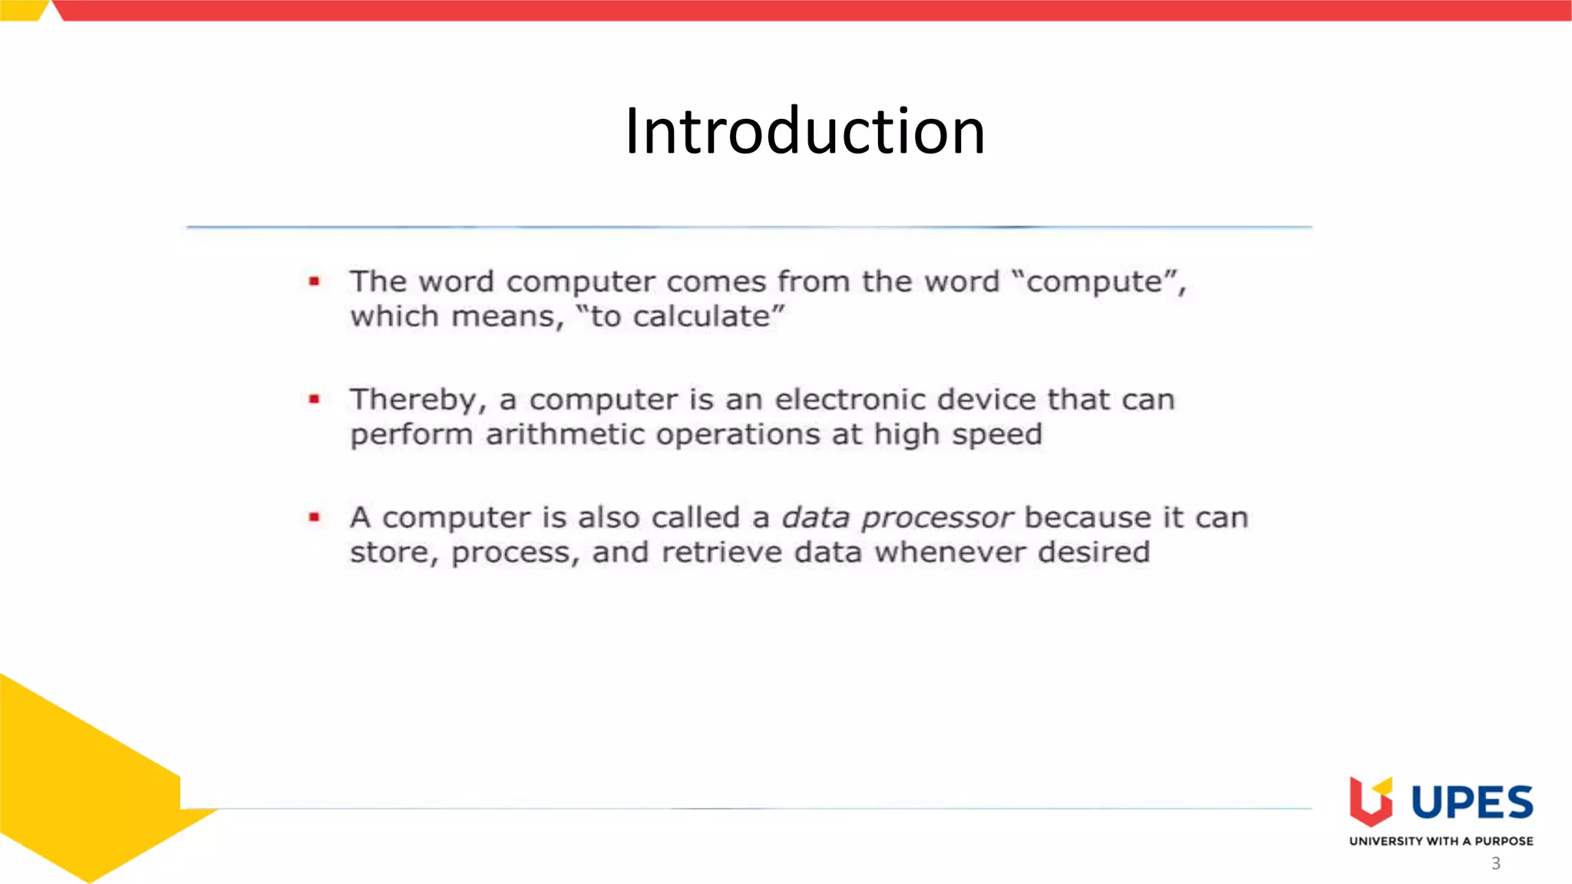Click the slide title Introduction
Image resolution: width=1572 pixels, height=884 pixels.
[804, 131]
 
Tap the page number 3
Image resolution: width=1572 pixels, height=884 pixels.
[1495, 863]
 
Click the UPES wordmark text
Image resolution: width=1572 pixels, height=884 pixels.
[1472, 803]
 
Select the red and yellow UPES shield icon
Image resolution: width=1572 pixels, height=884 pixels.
[1371, 801]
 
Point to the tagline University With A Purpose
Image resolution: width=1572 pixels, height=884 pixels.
[1441, 841]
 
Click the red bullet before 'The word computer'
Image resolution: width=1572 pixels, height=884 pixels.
[314, 282]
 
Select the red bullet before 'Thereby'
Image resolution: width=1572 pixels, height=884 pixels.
[314, 399]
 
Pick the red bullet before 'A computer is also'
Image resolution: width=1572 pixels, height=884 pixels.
[314, 517]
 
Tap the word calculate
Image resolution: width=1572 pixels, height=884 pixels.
[701, 317]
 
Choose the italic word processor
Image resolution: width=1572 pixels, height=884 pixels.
[937, 519]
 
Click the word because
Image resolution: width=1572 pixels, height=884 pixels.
[1088, 518]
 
